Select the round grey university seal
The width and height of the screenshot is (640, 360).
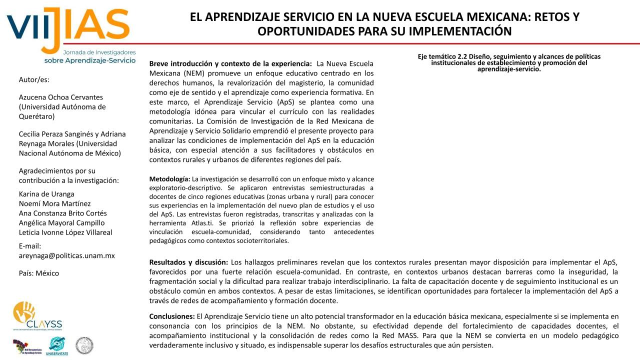[x=84, y=345]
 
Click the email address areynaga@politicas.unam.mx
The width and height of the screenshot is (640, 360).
[x=66, y=255]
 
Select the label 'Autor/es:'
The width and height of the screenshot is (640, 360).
[x=34, y=79]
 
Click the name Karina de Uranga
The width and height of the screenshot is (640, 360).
[x=46, y=194]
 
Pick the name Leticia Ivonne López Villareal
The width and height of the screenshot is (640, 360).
[x=65, y=232]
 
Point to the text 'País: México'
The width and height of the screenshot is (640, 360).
[x=39, y=273]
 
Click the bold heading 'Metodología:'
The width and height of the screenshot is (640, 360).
[x=169, y=179]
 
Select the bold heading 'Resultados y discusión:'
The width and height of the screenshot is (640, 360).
[x=188, y=262]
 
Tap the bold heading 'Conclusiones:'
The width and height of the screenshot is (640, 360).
[x=172, y=316]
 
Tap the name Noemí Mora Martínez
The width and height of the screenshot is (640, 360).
[x=54, y=203]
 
